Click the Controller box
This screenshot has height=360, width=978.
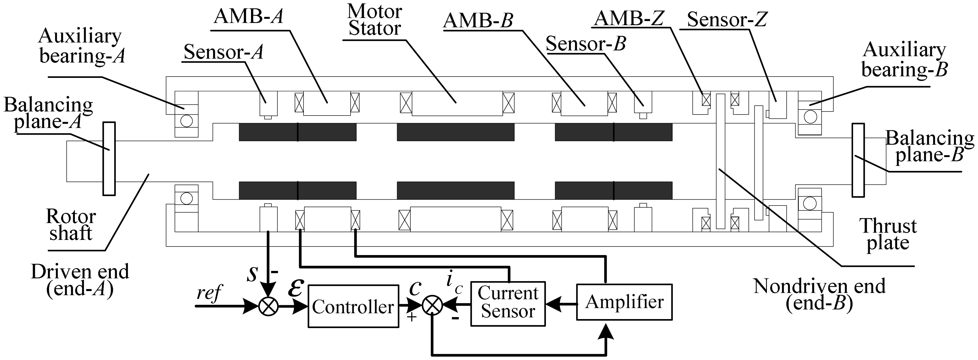[x=353, y=306]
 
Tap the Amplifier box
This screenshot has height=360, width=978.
[x=624, y=302]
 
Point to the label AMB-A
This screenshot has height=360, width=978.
[x=249, y=16]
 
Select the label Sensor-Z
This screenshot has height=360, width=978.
[x=727, y=19]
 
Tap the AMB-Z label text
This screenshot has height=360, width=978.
[x=629, y=18]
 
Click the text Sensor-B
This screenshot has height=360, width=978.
[x=585, y=44]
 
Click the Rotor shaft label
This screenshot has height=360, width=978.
[x=71, y=225]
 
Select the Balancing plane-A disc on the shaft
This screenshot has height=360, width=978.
[x=109, y=159]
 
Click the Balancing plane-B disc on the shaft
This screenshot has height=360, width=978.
[x=858, y=160]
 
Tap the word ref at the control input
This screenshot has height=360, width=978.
[x=209, y=293]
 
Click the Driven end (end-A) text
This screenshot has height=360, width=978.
[x=80, y=280]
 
